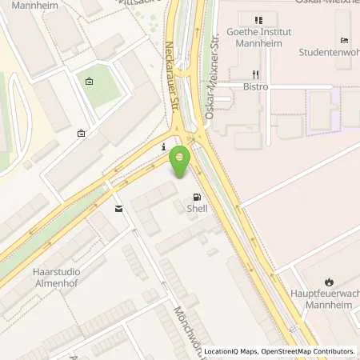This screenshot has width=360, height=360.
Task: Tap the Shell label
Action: [197, 209]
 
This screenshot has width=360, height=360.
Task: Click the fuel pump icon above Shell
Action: [197, 197]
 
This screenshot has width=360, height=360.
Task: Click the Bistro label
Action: [257, 86]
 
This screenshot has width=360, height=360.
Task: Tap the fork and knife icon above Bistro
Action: [257, 73]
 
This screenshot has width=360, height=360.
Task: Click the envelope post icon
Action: [118, 209]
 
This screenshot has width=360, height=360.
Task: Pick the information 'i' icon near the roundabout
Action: [163, 147]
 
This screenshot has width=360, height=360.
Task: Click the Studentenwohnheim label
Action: [329, 53]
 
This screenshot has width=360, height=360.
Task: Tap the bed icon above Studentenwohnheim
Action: [344, 40]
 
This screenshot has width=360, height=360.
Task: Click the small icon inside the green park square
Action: [89, 81]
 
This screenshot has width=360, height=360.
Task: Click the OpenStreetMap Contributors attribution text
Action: [308, 351]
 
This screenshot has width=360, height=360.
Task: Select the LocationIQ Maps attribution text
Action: [230, 351]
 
